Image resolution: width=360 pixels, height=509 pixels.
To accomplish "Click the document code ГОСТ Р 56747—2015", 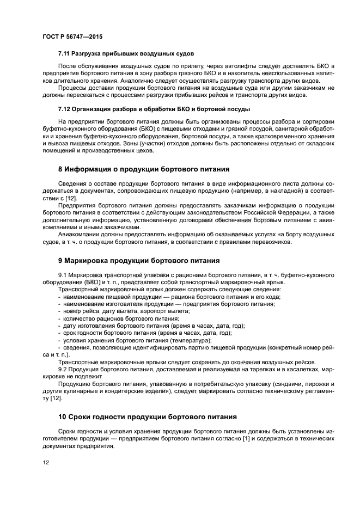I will [x=72, y=36].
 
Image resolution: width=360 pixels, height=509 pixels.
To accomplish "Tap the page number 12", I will [x=46, y=462].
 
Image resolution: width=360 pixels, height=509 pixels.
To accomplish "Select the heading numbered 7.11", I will [x=126, y=53].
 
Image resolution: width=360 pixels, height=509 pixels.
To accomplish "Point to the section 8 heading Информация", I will [x=144, y=169].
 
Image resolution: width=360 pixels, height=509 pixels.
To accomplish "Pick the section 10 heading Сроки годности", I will [x=147, y=417].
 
